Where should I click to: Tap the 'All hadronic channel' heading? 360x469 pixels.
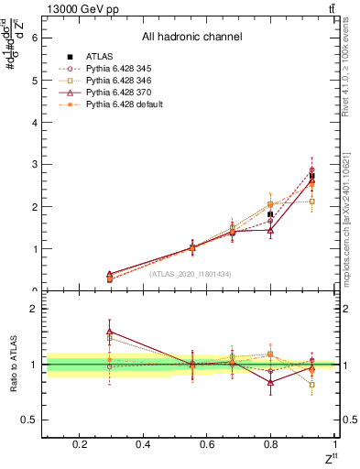click(191, 37)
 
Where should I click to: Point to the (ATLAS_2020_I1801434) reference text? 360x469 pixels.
click(191, 274)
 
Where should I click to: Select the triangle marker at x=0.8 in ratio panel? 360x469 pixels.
click(270, 382)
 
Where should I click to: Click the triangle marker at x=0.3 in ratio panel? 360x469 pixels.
click(110, 332)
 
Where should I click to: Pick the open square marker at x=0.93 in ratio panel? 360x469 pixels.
click(312, 385)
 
